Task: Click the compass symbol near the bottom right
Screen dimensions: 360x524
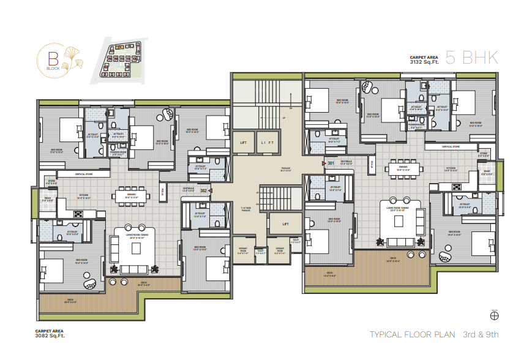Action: click(x=495, y=316)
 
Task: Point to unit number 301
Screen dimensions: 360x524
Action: click(x=331, y=163)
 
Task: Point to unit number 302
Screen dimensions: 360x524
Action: click(x=203, y=191)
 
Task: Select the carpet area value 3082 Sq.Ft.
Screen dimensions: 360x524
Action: click(x=50, y=336)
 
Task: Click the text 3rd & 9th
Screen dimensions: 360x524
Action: click(x=481, y=334)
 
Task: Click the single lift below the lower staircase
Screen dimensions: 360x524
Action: click(x=285, y=224)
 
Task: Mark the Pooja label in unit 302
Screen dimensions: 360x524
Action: click(x=163, y=192)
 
